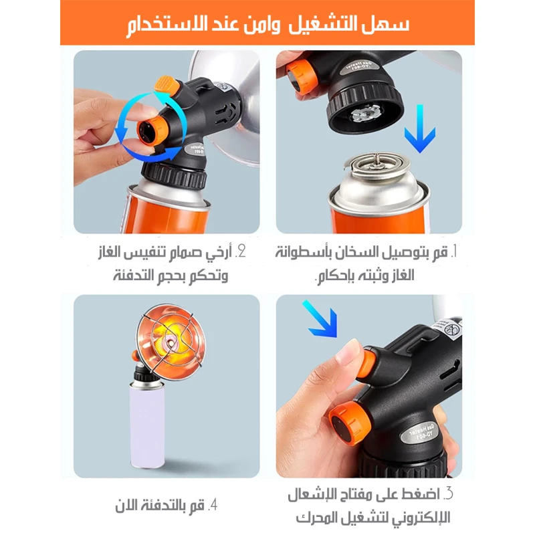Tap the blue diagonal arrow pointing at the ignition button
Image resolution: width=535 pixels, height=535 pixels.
(321, 319)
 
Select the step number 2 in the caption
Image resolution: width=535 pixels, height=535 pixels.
(241, 252)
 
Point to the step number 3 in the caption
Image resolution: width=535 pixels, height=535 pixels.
(448, 494)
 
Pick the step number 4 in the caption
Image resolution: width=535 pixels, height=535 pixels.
(213, 505)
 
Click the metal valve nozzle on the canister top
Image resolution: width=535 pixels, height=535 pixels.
(377, 160)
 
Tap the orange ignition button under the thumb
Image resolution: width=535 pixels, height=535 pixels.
(366, 364)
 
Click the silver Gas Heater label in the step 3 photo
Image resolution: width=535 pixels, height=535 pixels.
(421, 432)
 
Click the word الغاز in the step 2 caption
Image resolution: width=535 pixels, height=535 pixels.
(110, 253)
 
